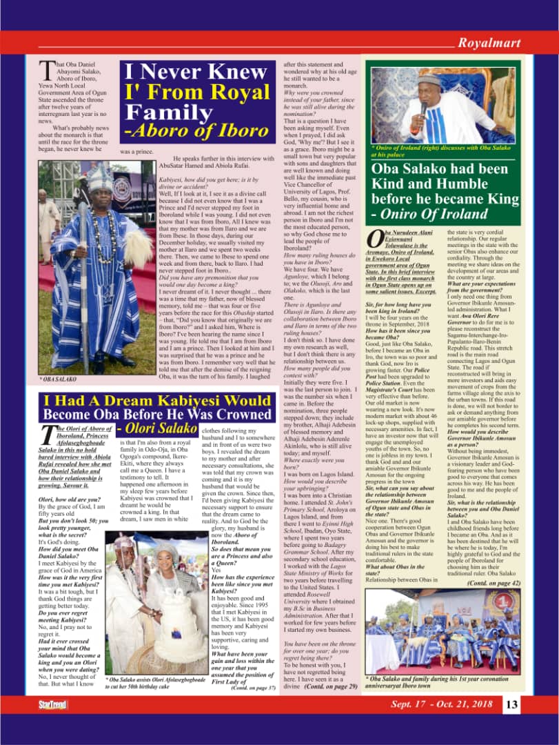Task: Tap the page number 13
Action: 511,704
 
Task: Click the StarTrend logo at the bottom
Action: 52,704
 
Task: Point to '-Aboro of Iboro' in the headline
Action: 196,130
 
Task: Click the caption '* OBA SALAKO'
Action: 59,379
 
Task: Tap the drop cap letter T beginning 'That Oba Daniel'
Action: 45,69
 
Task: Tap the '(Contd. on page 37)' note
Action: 254,688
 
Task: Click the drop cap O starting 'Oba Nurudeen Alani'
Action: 374,239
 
